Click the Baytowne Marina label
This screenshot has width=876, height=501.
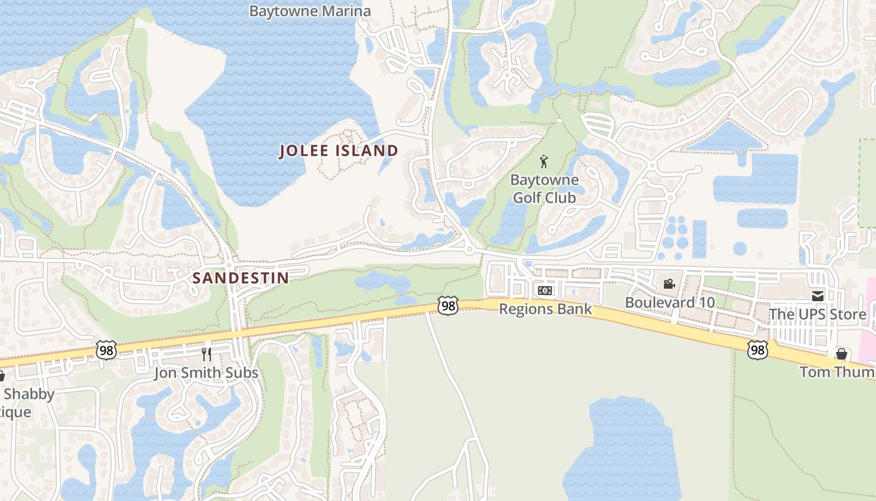point(310,11)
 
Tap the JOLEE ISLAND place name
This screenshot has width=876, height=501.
point(339,151)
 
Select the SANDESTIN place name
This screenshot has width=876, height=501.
point(241,278)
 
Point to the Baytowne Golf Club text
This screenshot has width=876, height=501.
point(543,189)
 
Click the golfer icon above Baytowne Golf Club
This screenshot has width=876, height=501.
point(544,162)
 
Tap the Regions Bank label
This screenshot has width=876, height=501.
point(545,309)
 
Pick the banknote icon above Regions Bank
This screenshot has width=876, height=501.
point(545,291)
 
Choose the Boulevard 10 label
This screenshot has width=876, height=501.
point(670,302)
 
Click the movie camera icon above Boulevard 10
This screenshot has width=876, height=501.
point(669,284)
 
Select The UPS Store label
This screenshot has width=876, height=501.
point(817,314)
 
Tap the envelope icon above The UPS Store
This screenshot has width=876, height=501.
point(817,296)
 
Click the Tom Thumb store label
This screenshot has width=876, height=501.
point(837,372)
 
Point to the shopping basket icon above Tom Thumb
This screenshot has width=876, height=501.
point(842,354)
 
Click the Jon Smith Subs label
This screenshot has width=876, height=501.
point(206,373)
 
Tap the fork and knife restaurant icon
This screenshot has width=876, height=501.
point(206,354)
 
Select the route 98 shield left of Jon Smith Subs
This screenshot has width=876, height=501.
point(106,351)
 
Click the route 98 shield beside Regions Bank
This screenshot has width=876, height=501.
point(447,306)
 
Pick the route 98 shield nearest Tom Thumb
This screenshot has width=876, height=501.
point(757,349)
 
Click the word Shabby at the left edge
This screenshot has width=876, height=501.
point(28,395)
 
